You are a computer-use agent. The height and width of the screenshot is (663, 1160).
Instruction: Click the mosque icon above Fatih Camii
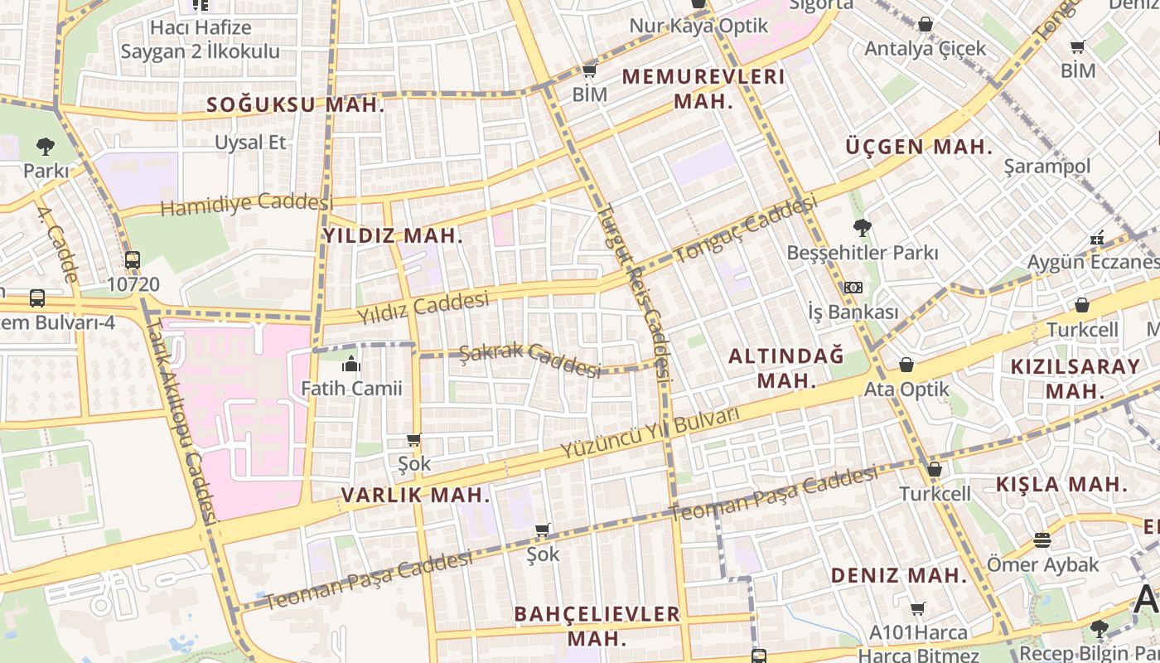(x=351, y=363)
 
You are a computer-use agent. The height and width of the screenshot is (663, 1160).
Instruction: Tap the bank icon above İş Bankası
(x=853, y=288)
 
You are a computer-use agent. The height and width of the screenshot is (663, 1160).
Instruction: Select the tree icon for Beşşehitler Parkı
(x=862, y=227)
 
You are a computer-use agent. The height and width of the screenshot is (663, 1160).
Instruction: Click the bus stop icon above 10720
(x=133, y=260)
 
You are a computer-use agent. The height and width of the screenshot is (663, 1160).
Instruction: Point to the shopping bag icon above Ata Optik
(x=906, y=365)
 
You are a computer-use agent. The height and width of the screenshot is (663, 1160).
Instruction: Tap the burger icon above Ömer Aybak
(x=1042, y=540)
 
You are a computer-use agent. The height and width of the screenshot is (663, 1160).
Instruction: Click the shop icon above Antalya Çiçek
(x=926, y=24)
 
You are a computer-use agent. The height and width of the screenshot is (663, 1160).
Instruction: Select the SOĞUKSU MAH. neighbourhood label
(x=296, y=105)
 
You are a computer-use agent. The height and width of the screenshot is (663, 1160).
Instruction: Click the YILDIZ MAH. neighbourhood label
(x=393, y=235)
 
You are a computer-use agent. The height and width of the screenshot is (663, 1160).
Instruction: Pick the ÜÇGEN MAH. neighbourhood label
(x=919, y=148)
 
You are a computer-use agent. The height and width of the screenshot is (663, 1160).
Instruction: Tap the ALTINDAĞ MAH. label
(x=785, y=368)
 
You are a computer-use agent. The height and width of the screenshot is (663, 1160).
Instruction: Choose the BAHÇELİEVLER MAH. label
(x=597, y=626)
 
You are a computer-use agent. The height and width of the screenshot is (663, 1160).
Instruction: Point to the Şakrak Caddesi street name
(x=529, y=359)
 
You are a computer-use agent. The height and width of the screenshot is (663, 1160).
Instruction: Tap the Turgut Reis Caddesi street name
(x=635, y=290)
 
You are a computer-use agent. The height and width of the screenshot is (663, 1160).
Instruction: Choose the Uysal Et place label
(x=250, y=143)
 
